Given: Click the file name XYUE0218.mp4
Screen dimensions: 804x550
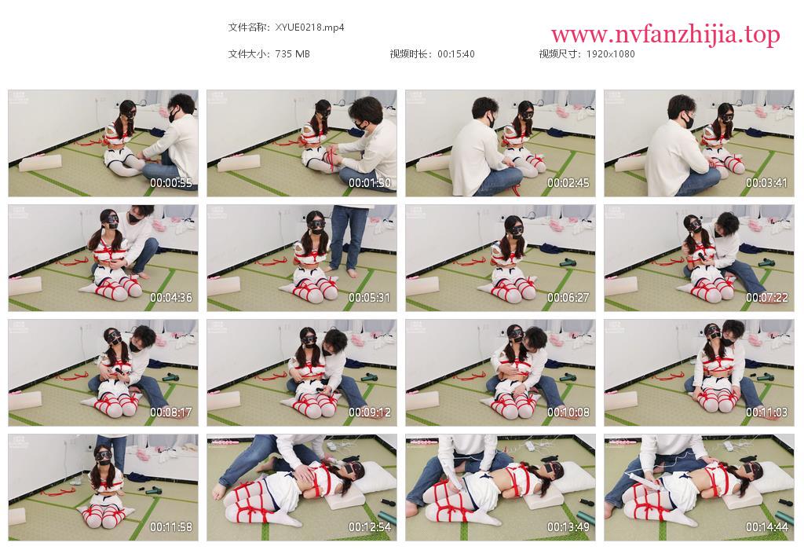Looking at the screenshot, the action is tap(309, 27).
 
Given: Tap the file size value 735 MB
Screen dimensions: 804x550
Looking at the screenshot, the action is tap(292, 54).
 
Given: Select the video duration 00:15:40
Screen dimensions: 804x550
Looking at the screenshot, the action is tap(456, 54).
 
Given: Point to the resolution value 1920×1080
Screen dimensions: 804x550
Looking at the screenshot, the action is tap(610, 54).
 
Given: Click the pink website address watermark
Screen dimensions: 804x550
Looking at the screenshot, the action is tap(666, 35).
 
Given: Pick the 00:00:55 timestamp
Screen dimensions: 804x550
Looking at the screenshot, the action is tap(170, 182).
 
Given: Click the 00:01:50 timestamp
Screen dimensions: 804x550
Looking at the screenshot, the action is tap(370, 182).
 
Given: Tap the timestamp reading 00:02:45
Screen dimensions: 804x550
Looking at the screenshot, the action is tap(568, 182).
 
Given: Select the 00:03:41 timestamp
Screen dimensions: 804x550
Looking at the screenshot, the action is tap(766, 182).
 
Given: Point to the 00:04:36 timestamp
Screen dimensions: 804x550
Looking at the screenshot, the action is tap(170, 298).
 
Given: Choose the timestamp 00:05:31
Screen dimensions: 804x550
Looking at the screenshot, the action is tap(370, 298).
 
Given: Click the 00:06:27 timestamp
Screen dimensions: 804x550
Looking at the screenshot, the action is tap(568, 298).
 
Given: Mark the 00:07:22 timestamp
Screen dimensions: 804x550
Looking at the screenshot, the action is tap(766, 298).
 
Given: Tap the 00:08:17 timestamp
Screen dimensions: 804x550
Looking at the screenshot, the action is tap(170, 412).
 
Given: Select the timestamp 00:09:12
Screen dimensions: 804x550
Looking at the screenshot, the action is tap(370, 412).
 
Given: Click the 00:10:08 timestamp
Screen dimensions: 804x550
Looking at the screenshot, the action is tap(568, 412).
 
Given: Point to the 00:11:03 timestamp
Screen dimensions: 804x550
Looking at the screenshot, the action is tap(766, 412).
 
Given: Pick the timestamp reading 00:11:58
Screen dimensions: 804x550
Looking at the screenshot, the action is tap(170, 527).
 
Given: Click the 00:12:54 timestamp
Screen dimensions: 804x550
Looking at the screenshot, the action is tap(370, 527).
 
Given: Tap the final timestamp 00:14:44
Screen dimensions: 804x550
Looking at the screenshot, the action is tap(766, 527).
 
